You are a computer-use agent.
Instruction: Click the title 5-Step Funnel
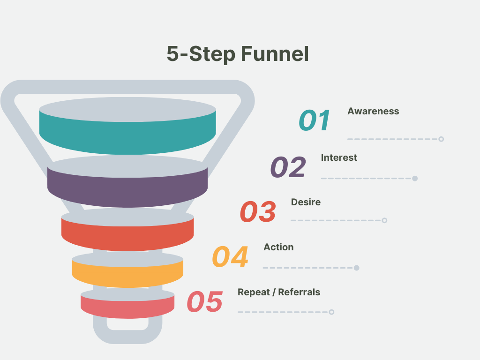(x=238, y=54)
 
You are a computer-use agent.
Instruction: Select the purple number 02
(x=288, y=167)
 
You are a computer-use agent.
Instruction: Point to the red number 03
(x=258, y=212)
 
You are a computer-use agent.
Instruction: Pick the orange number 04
(x=230, y=257)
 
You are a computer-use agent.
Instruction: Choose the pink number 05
(x=205, y=302)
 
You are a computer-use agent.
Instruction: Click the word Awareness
(x=373, y=112)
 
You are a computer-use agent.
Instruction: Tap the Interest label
(x=339, y=158)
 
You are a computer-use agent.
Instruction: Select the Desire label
(x=306, y=202)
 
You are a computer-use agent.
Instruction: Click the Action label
(x=278, y=247)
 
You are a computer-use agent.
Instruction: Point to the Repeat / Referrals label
(x=279, y=292)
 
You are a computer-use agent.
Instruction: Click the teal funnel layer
(x=127, y=136)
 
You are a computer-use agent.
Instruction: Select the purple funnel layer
(x=127, y=190)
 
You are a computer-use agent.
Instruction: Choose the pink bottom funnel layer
(x=127, y=307)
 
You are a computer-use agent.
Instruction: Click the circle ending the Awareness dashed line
(x=441, y=139)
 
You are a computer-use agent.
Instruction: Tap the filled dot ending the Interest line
(x=415, y=179)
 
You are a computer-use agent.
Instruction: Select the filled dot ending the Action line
(x=357, y=268)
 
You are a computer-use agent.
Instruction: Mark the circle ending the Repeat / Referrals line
(x=332, y=312)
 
